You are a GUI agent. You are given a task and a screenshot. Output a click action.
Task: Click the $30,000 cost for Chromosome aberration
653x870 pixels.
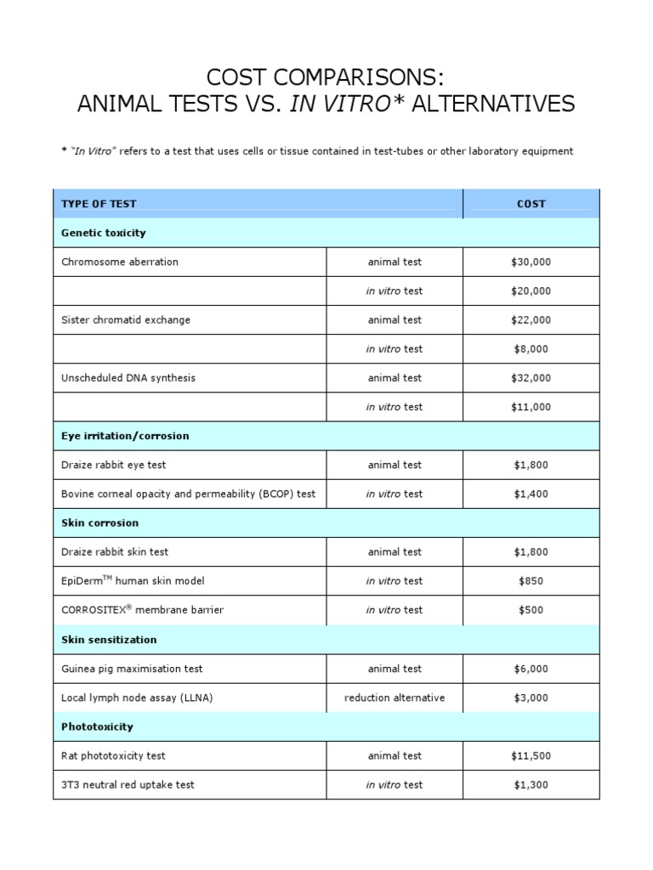531,262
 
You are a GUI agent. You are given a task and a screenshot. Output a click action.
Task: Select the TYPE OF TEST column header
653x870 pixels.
99,204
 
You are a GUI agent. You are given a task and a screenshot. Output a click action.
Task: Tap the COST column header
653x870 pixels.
531,204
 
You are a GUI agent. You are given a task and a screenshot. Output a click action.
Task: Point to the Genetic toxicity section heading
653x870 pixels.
104,233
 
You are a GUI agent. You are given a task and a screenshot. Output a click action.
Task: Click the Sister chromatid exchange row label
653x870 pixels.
126,320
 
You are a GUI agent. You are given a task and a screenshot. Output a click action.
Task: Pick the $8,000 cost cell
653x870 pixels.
531,349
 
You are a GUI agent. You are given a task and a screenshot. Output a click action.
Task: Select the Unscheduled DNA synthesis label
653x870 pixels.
128,378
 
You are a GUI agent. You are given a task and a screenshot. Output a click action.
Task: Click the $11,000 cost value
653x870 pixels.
531,407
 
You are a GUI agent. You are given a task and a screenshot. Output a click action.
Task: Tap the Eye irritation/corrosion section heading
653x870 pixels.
125,436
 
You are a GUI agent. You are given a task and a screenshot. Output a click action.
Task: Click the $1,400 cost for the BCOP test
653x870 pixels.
531,494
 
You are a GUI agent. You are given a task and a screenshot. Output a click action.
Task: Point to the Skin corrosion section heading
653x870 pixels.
99,523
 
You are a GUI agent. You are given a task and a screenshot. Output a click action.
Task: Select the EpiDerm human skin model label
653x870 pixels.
133,581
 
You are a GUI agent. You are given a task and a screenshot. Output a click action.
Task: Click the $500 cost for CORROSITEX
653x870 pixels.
531,610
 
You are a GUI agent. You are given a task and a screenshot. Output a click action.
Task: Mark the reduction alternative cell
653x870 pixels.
395,698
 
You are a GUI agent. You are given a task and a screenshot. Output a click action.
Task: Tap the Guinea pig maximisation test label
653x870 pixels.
132,669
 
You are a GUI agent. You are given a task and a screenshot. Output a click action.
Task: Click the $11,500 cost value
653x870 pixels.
531,756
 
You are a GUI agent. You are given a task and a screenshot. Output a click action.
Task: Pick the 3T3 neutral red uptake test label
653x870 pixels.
128,785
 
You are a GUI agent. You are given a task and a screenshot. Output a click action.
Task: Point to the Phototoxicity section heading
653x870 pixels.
97,727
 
